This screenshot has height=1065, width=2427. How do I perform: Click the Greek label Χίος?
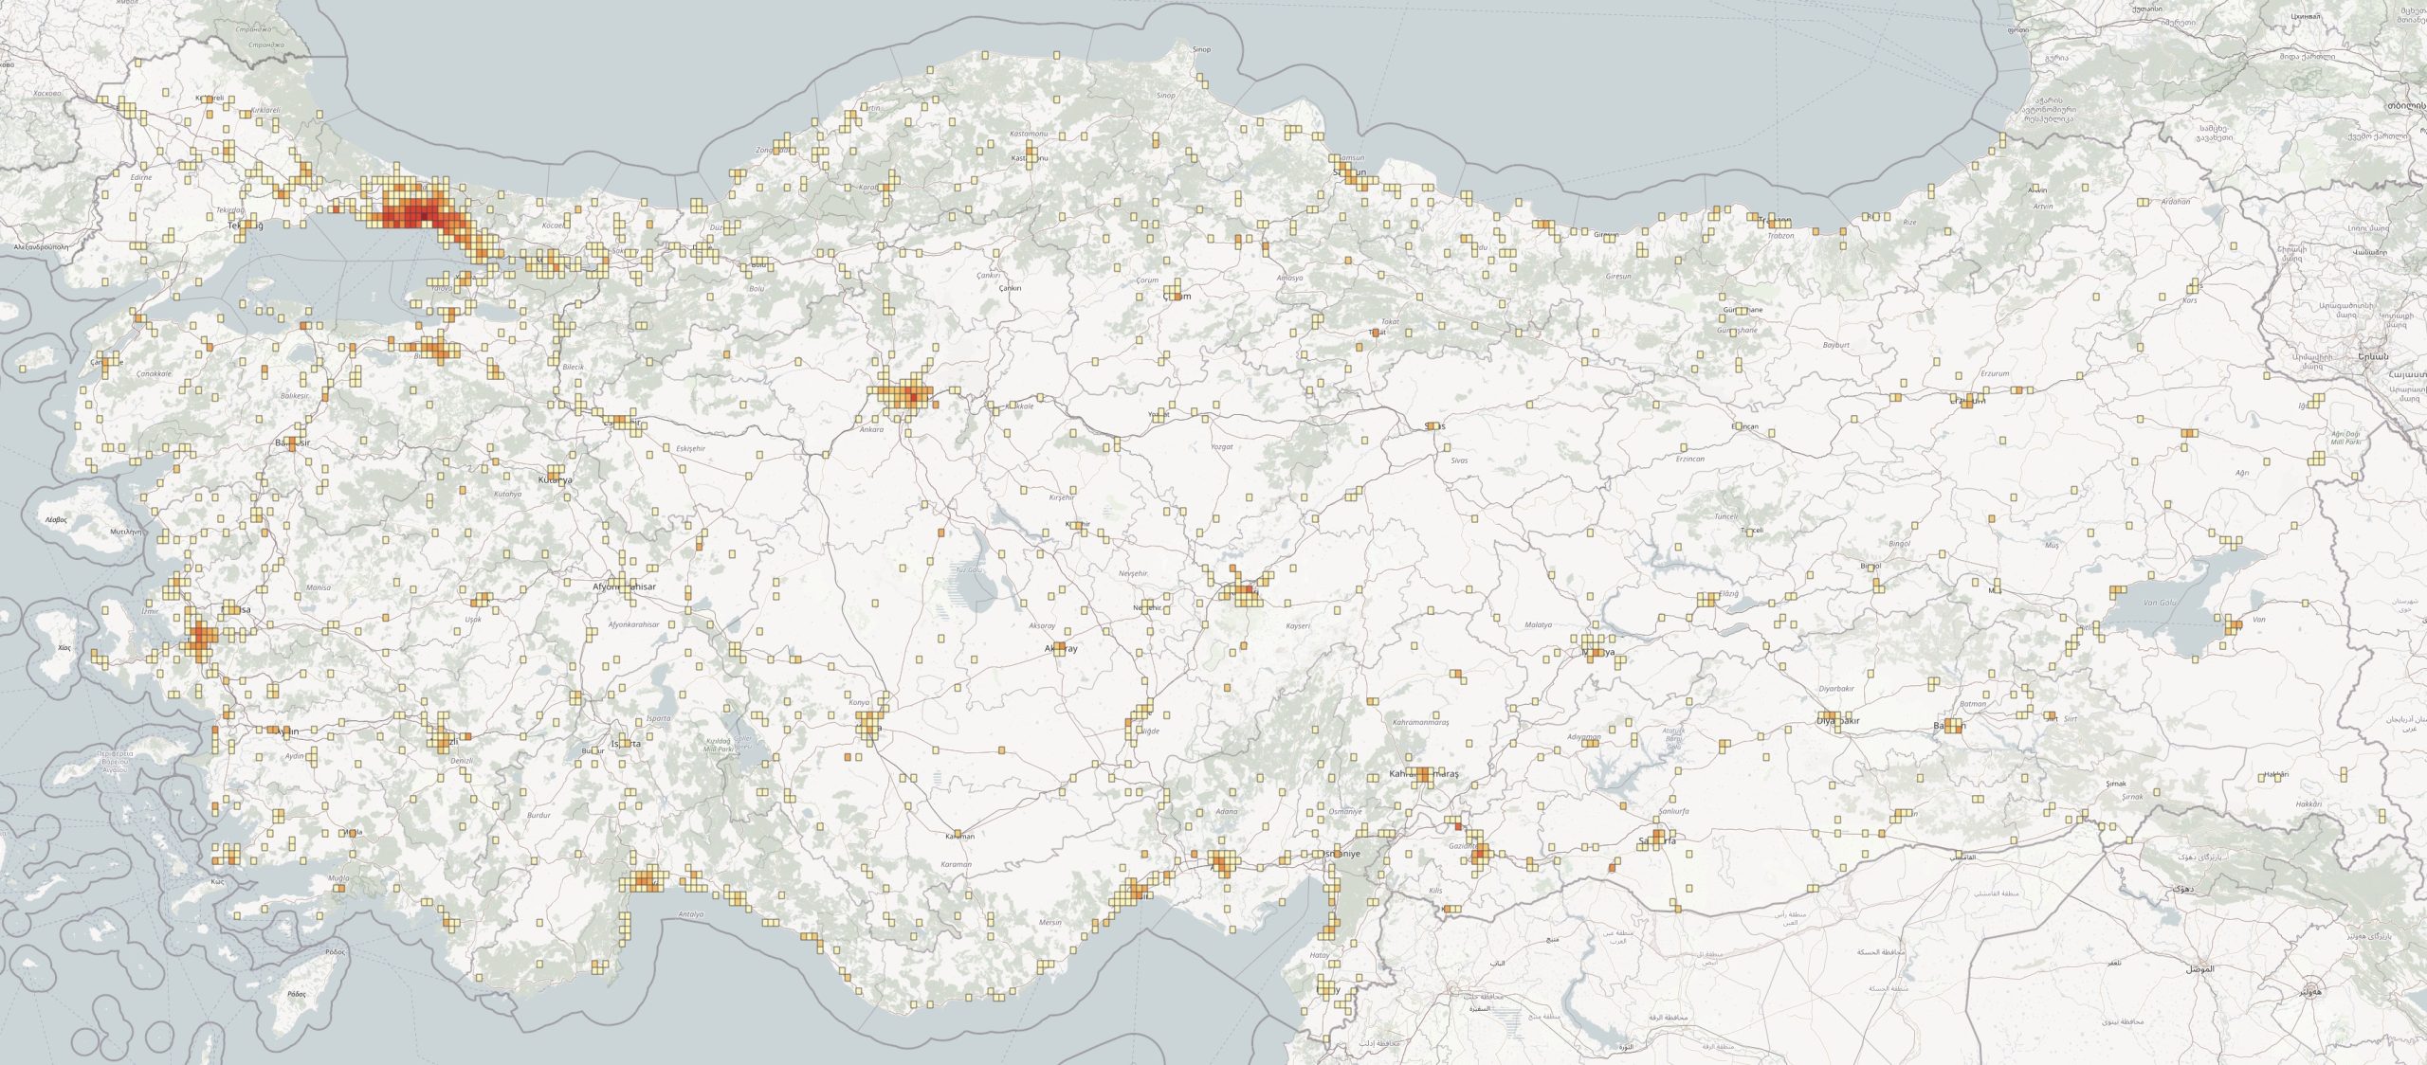[64, 648]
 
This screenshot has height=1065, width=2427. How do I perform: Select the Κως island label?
[217, 882]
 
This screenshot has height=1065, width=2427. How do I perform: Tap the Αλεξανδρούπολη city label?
[42, 245]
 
